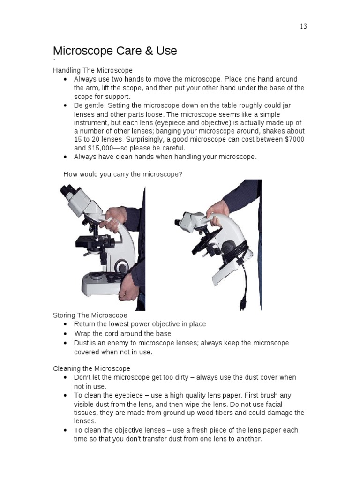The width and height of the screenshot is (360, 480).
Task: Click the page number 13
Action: tap(303, 26)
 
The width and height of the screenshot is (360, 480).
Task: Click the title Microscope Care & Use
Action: tap(115, 51)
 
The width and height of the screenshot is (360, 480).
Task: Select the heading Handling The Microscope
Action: tap(92, 70)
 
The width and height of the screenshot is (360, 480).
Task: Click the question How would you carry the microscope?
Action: tap(123, 174)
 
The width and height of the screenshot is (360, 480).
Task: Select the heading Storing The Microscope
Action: tap(90, 315)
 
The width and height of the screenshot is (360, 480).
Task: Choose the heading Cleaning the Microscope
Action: tap(91, 368)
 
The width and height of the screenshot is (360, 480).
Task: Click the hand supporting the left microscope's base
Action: tap(128, 293)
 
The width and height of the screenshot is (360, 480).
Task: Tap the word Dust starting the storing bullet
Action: tap(82, 343)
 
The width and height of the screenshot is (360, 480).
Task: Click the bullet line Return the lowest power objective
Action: tap(140, 324)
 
